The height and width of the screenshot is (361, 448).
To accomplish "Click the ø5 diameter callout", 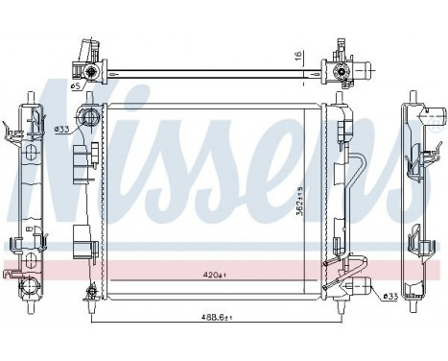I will tap(76, 86).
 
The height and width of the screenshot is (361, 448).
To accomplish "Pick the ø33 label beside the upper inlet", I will tap(60, 129).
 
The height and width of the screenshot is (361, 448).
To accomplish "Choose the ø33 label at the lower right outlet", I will tap(391, 296).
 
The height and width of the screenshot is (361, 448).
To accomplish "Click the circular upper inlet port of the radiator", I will tap(89, 120).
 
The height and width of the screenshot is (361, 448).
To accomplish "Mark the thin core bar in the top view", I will tap(211, 69).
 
